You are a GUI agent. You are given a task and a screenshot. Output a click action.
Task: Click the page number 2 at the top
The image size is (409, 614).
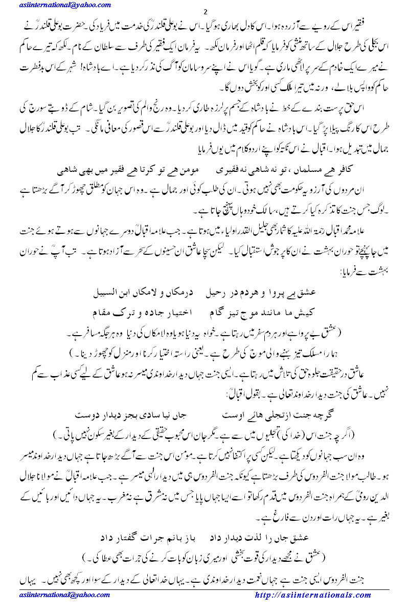pyautogui.click(x=204, y=12)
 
